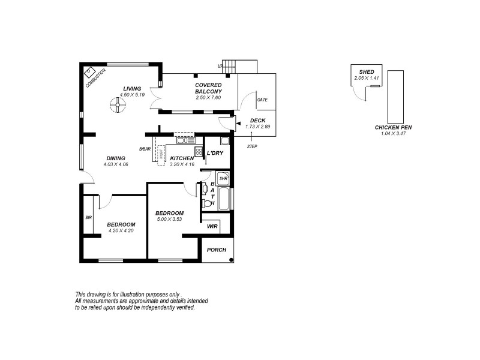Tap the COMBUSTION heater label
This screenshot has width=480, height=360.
(x=95, y=78)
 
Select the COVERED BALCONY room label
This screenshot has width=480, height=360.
(x=208, y=88)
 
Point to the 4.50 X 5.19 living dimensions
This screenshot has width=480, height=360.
(x=133, y=95)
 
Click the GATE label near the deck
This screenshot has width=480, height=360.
(x=262, y=100)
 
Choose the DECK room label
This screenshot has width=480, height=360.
(x=257, y=121)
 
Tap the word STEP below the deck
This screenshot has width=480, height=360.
(x=252, y=146)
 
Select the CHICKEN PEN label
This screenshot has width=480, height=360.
(x=393, y=128)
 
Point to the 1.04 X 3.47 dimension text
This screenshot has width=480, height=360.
(x=393, y=134)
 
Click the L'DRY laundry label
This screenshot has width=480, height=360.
(x=215, y=154)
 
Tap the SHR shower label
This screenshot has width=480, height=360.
(x=223, y=178)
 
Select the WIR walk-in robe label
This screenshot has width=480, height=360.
(x=212, y=226)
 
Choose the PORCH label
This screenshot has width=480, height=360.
(x=216, y=250)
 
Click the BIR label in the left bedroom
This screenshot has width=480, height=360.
(x=88, y=217)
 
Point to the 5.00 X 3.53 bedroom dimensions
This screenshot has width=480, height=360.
(x=169, y=219)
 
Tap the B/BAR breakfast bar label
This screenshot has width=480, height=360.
(x=144, y=149)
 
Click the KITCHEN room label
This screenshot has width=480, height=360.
(x=182, y=158)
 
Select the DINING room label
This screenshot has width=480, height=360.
(x=116, y=158)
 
